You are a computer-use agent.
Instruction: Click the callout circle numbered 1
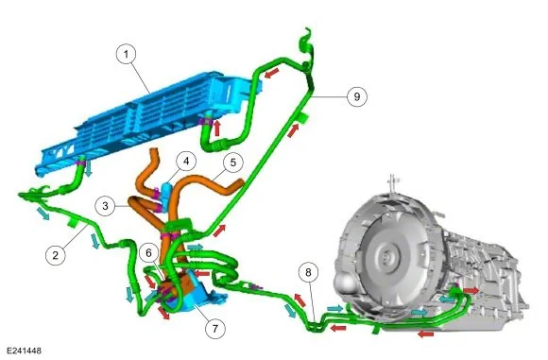click(x=127, y=54)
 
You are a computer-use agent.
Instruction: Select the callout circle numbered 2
click(x=56, y=255)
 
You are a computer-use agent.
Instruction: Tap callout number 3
click(x=106, y=206)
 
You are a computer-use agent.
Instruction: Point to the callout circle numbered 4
click(x=186, y=162)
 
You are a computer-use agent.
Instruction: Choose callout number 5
click(x=233, y=163)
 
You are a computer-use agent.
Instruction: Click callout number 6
click(x=149, y=252)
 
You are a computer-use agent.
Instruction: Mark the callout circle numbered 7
click(x=214, y=329)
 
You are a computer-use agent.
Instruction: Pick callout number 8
click(x=308, y=272)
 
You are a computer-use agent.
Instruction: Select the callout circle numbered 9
click(x=357, y=96)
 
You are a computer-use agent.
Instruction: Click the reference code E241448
click(x=25, y=351)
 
